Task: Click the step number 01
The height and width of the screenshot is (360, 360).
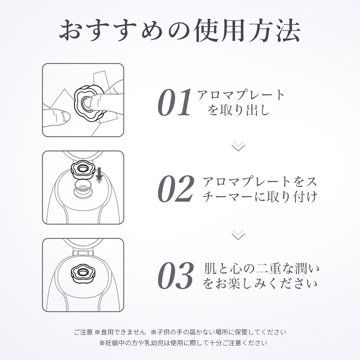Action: [174, 103]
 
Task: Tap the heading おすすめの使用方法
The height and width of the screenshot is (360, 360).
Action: [180, 31]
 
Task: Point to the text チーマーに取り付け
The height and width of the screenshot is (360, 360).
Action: [260, 197]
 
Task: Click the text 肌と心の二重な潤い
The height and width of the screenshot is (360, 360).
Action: [260, 269]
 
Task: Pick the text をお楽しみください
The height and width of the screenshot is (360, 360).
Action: [260, 284]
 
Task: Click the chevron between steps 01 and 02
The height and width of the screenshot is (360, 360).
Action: [238, 146]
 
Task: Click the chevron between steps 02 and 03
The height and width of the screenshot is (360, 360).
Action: [238, 235]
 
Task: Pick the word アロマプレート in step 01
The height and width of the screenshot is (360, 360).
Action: [241, 95]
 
